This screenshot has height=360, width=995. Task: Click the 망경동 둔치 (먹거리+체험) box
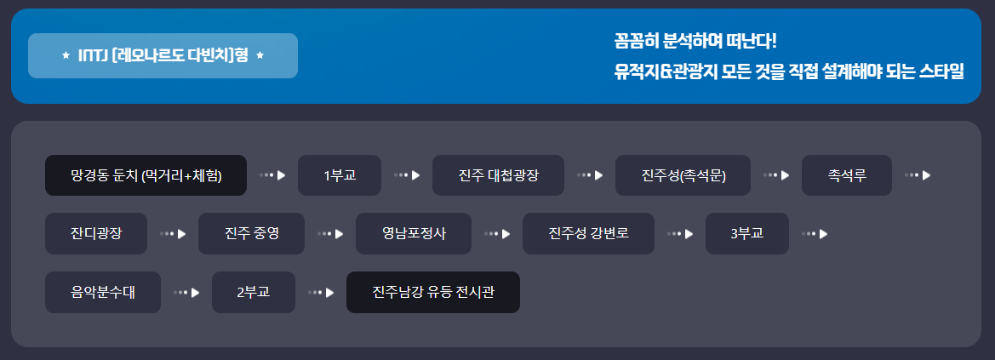pyautogui.click(x=146, y=175)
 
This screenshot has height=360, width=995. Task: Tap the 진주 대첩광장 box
pyautogui.click(x=498, y=175)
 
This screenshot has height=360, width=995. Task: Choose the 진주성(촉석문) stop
pyautogui.click(x=683, y=175)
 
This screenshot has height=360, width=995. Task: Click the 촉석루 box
pyautogui.click(x=846, y=175)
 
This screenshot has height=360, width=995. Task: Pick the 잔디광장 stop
pyautogui.click(x=96, y=233)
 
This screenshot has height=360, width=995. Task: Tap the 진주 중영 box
pyautogui.click(x=251, y=233)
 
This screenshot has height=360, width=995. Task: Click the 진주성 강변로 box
pyautogui.click(x=588, y=233)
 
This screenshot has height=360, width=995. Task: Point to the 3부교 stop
pyautogui.click(x=746, y=233)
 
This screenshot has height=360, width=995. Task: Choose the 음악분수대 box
pyautogui.click(x=103, y=292)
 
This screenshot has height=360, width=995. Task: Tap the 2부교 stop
pyautogui.click(x=253, y=292)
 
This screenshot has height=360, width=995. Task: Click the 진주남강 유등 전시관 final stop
pyautogui.click(x=432, y=292)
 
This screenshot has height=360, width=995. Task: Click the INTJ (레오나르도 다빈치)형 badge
pyautogui.click(x=163, y=55)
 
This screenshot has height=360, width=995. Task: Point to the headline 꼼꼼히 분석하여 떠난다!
pyautogui.click(x=695, y=41)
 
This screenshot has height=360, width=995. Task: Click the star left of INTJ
pyautogui.click(x=66, y=56)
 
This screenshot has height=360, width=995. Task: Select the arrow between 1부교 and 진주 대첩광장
pyautogui.click(x=408, y=175)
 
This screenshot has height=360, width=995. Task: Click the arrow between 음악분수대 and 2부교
pyautogui.click(x=186, y=292)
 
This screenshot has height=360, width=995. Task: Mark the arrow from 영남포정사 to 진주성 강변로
pyautogui.click(x=496, y=233)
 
